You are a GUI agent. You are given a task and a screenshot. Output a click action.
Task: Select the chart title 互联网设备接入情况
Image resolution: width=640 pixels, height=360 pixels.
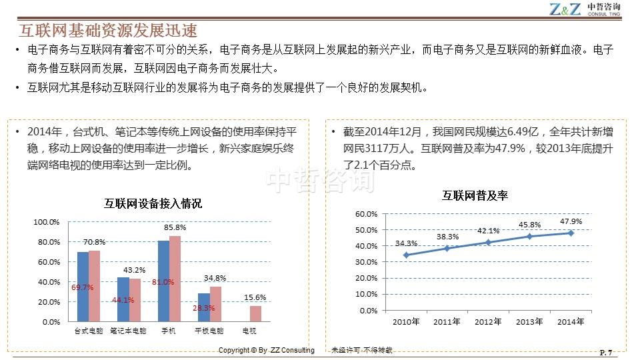pos(153,203)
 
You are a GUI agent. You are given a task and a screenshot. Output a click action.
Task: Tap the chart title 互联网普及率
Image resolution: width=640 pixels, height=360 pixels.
pos(475,195)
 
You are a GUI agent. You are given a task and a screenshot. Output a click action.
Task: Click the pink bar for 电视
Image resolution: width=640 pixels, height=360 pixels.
pos(255,313)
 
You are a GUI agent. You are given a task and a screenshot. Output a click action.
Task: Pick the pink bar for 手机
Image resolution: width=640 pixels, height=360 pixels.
pos(175,279)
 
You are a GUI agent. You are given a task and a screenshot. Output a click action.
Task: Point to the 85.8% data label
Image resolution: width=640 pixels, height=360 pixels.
pos(175,227)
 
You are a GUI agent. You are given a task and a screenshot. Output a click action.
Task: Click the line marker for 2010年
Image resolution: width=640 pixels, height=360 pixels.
pos(406,255)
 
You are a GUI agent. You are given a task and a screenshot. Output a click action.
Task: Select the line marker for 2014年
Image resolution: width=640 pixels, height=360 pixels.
pos(571,233)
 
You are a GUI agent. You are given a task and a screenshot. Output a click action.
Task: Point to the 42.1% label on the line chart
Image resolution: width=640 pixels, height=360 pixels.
pos(489,231)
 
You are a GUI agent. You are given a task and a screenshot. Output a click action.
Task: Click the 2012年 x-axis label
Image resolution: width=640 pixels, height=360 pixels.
pos(489,322)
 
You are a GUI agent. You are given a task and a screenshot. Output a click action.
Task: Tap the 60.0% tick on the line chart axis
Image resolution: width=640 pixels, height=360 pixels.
pos(367,214)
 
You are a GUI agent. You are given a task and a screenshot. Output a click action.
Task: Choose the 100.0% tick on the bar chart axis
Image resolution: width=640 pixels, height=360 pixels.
pos(47,222)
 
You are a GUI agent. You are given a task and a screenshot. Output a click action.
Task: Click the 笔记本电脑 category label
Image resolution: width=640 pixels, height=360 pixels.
pos(128,331)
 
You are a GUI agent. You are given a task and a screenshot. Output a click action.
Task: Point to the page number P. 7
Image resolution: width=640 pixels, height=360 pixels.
pos(606,352)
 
